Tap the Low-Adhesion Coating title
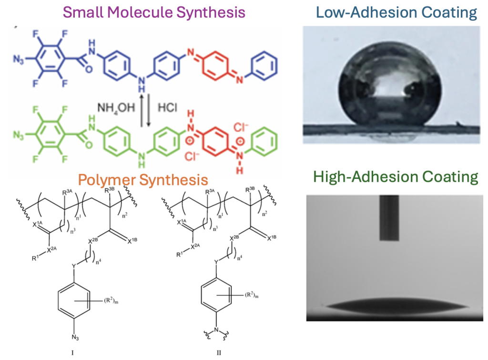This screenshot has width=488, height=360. pyautogui.click(x=396, y=12)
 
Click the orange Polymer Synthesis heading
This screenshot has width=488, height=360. pyautogui.click(x=143, y=180)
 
